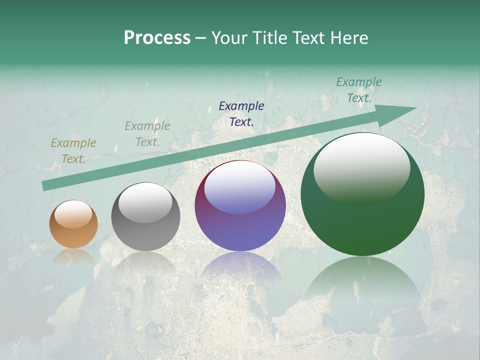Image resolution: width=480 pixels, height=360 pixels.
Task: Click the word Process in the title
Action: [x=157, y=38]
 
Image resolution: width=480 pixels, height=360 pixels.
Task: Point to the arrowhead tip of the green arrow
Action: [x=416, y=108]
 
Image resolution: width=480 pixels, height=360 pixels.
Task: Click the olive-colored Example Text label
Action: [x=73, y=151]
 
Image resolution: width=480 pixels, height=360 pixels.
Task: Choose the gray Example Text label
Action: [x=147, y=134]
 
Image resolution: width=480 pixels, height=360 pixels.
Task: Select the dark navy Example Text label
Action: [x=241, y=113]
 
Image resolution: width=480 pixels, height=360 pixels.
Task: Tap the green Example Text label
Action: [x=359, y=90]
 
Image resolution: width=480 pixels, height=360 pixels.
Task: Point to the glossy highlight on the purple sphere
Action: [x=240, y=186]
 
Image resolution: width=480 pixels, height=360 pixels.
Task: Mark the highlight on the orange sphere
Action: [x=73, y=214]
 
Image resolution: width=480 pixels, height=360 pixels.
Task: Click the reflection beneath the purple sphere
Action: [x=240, y=267]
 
